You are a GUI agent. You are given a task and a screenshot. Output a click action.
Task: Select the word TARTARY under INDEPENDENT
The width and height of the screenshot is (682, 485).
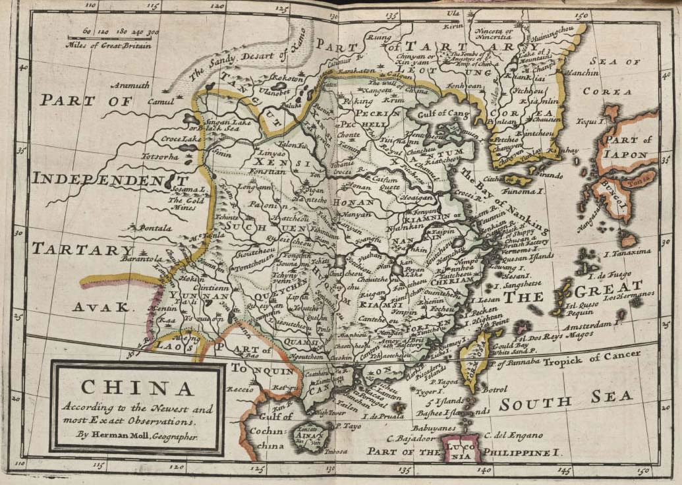(x=83, y=249)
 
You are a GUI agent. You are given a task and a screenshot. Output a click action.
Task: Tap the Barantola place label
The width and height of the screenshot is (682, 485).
(x=136, y=259)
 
